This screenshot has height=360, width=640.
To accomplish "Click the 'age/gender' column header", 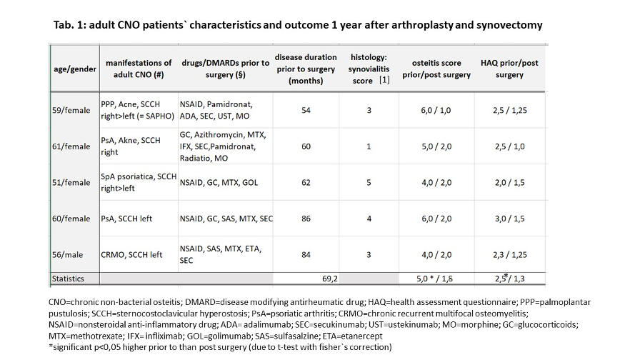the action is tap(75, 69).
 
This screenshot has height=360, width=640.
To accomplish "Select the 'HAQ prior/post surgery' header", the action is tap(509, 69).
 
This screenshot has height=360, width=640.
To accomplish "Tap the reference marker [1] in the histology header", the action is tap(384, 80).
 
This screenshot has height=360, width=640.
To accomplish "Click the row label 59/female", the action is tap(71, 110).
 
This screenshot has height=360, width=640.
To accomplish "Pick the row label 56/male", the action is tap(67, 255).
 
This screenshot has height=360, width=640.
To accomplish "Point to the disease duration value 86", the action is tap(306, 219).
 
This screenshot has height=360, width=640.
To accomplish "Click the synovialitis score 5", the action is tap(369, 182).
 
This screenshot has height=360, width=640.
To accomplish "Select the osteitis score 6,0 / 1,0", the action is tap(436, 110).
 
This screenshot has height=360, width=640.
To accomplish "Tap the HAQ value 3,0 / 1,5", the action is tap(510, 219).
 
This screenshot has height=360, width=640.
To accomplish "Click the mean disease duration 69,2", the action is tap(330, 279).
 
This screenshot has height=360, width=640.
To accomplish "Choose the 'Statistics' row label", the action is tap(68, 279).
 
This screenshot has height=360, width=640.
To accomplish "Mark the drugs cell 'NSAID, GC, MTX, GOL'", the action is tap(219, 183).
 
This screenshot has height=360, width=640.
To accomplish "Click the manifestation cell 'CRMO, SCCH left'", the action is tap(131, 255).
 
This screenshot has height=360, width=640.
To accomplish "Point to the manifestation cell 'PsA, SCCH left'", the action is tap(126, 219).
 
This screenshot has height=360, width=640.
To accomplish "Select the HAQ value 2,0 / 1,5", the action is tap(510, 182).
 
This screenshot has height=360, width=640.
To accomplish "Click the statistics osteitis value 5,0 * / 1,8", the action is tap(435, 279).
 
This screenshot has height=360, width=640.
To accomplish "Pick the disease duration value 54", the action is tap(306, 110).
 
